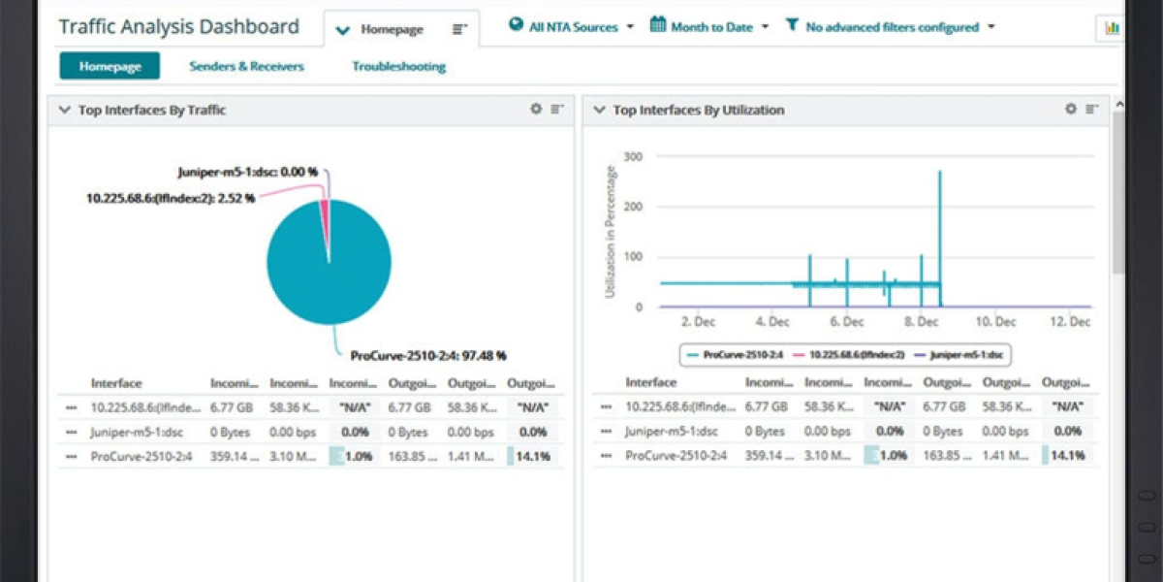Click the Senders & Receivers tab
[246, 66]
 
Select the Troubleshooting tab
[398, 66]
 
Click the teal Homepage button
[110, 66]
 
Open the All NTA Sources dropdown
[572, 27]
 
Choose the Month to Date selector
[710, 27]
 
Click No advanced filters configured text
[892, 27]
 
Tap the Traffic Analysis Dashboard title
[178, 26]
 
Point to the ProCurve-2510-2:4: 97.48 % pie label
[428, 356]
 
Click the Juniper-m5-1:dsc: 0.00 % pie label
[247, 172]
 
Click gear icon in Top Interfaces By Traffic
[536, 110]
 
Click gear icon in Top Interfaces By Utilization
[1071, 110]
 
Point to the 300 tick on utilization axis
[633, 156]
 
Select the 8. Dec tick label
[921, 322]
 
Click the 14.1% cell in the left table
[533, 456]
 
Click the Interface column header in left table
[116, 383]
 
